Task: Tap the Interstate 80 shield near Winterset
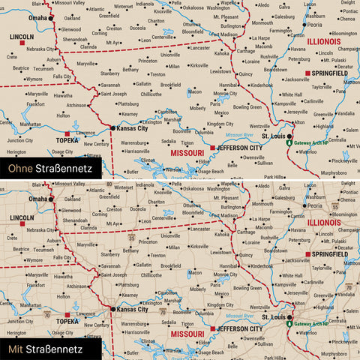click(x=109, y=184)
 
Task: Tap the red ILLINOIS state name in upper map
click(x=324, y=43)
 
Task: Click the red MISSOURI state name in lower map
click(x=187, y=332)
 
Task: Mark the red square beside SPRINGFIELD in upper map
click(x=307, y=73)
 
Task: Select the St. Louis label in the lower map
click(x=273, y=317)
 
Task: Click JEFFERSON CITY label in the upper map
click(x=238, y=148)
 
